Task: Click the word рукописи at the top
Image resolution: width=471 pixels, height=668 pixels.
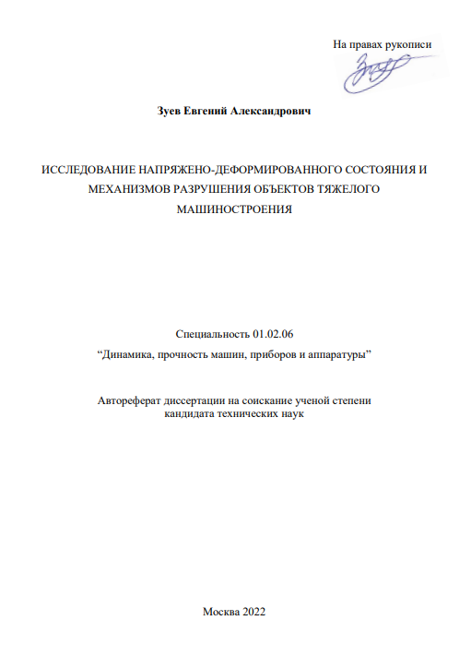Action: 406,43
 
